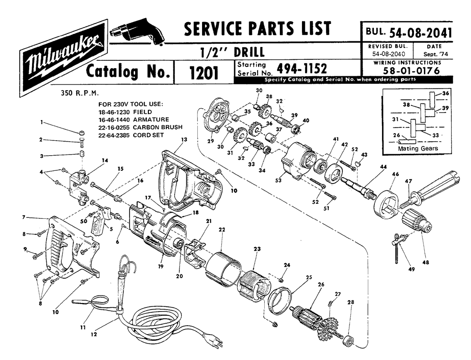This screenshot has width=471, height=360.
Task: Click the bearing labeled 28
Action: (350, 339)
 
